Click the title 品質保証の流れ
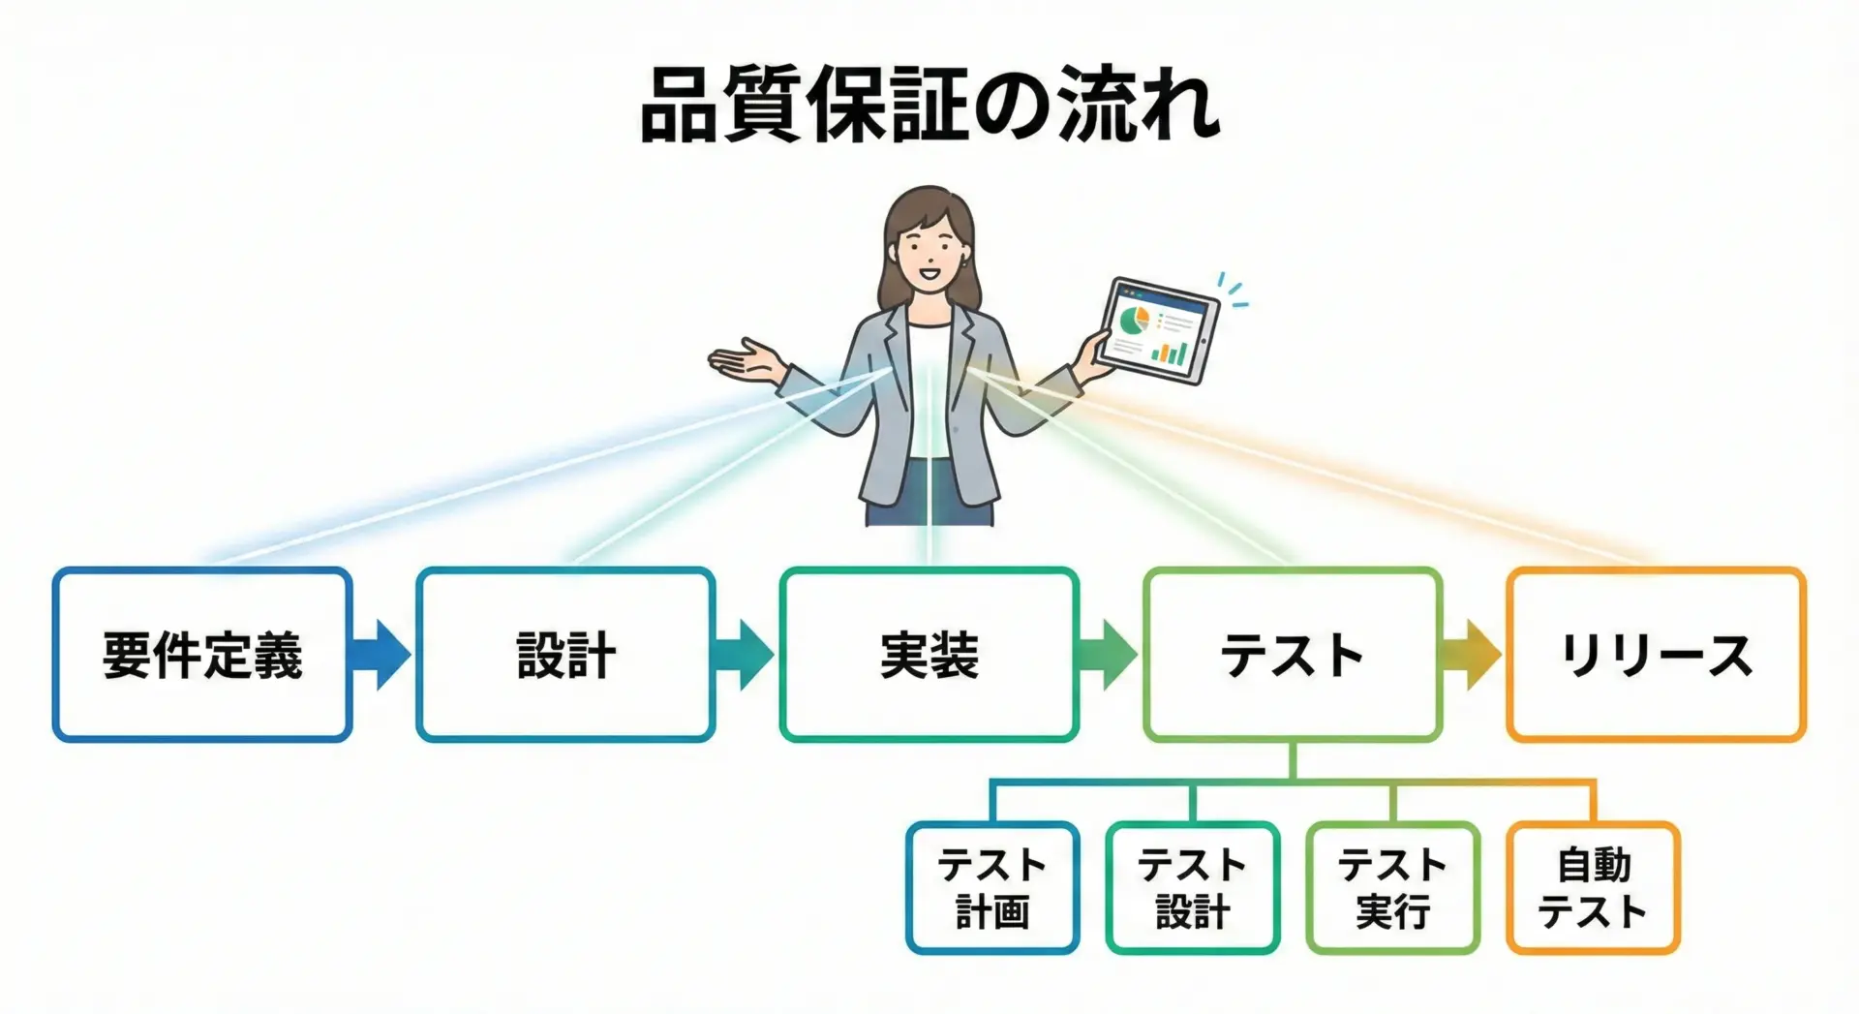[929, 105]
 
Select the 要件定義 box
[202, 655]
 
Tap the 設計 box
[566, 655]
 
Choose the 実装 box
[929, 655]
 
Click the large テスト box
[1293, 655]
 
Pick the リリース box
[1657, 655]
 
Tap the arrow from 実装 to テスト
[1108, 655]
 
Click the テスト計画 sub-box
[992, 888]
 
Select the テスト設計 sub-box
[1193, 888]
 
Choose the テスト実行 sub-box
[1393, 888]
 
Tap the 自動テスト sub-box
[1594, 888]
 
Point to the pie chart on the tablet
[1132, 320]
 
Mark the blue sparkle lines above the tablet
[1233, 290]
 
